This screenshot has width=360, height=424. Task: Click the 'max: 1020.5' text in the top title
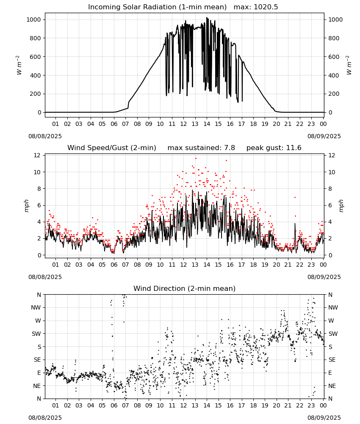(x=255, y=7)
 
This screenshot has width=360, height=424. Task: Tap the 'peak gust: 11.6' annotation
(x=274, y=148)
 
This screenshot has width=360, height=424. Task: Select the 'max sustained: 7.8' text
(x=201, y=148)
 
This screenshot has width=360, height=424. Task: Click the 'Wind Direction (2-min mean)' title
(x=185, y=288)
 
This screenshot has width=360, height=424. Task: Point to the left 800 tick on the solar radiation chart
(x=36, y=38)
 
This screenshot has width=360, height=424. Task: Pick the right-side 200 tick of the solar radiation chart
(x=334, y=94)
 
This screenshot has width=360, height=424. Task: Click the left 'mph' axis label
(x=26, y=206)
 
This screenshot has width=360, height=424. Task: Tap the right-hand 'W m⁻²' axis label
(x=349, y=65)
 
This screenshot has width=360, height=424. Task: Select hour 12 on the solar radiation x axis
(x=183, y=124)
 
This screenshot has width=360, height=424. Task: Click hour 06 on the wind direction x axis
(x=114, y=405)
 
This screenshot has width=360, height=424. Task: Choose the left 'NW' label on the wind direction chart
(x=36, y=307)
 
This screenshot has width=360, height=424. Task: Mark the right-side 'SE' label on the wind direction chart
(x=332, y=360)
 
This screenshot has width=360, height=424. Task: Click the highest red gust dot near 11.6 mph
(x=196, y=158)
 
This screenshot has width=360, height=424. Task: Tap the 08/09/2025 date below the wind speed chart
(x=324, y=277)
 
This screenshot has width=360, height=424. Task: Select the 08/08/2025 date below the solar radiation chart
(x=45, y=136)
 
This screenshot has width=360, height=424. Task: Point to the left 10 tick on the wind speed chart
(x=37, y=172)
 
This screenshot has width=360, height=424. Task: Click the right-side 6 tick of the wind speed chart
(x=330, y=205)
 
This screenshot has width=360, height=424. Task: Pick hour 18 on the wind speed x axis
(x=253, y=265)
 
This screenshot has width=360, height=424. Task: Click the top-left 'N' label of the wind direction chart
(x=39, y=295)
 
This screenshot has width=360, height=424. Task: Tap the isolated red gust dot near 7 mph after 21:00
(x=295, y=198)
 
